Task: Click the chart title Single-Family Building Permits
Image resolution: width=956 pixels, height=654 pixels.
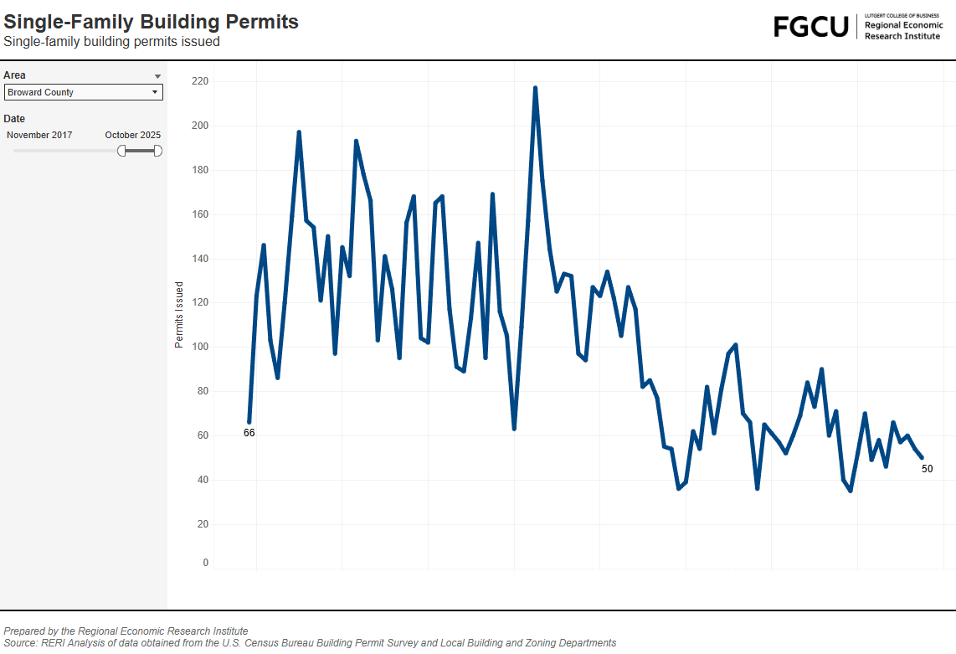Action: [x=151, y=22]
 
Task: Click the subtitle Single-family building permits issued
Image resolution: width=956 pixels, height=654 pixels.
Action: [x=111, y=42]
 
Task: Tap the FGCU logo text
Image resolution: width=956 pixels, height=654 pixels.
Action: [x=810, y=27]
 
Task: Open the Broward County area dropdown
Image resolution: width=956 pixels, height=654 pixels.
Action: [x=83, y=92]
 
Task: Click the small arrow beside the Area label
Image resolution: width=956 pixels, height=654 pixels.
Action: [x=157, y=76]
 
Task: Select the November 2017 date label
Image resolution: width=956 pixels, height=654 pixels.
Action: [x=39, y=135]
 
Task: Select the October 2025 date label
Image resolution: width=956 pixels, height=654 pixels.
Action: [x=132, y=135]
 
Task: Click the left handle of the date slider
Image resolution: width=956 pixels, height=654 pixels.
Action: [x=121, y=150]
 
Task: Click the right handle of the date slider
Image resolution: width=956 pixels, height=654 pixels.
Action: [x=157, y=150]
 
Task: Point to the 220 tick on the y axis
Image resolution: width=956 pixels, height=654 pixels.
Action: [x=199, y=81]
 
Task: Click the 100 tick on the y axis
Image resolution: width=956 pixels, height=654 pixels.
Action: [x=199, y=347]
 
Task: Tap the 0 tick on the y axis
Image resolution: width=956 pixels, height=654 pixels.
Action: [x=205, y=563]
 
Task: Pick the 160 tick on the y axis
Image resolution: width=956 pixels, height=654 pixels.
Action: [x=199, y=214]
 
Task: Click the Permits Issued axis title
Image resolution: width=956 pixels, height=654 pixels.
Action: [x=179, y=315]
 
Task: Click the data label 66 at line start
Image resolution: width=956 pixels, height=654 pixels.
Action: [x=249, y=433]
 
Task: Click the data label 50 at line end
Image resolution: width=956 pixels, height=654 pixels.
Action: [x=927, y=469]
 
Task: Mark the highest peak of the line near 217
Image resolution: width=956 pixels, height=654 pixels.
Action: [x=535, y=88]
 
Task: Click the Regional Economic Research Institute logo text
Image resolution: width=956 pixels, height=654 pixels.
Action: [x=903, y=30]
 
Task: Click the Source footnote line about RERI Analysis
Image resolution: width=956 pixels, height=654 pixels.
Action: [x=310, y=643]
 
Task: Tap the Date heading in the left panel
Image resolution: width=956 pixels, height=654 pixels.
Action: [x=14, y=119]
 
